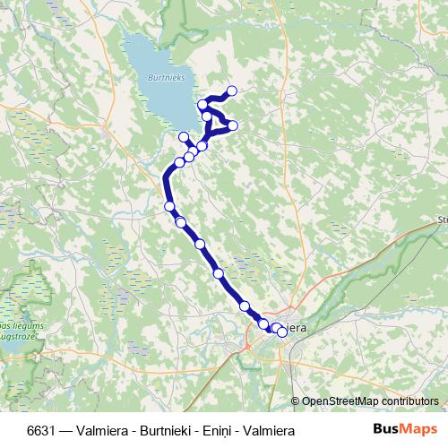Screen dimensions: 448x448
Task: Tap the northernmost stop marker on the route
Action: pos(232,90)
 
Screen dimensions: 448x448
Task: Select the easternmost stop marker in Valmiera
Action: pos(282,332)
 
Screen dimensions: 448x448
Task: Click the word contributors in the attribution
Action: pos(413,401)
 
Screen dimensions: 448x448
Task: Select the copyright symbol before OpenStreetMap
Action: pos(297,401)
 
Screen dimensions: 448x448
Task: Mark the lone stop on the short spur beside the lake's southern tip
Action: pos(184,137)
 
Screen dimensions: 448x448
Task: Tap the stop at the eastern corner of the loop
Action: pos(233,125)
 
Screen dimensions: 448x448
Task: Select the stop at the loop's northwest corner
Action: pos(203,105)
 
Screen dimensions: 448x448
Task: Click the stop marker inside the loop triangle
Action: pos(208,116)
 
